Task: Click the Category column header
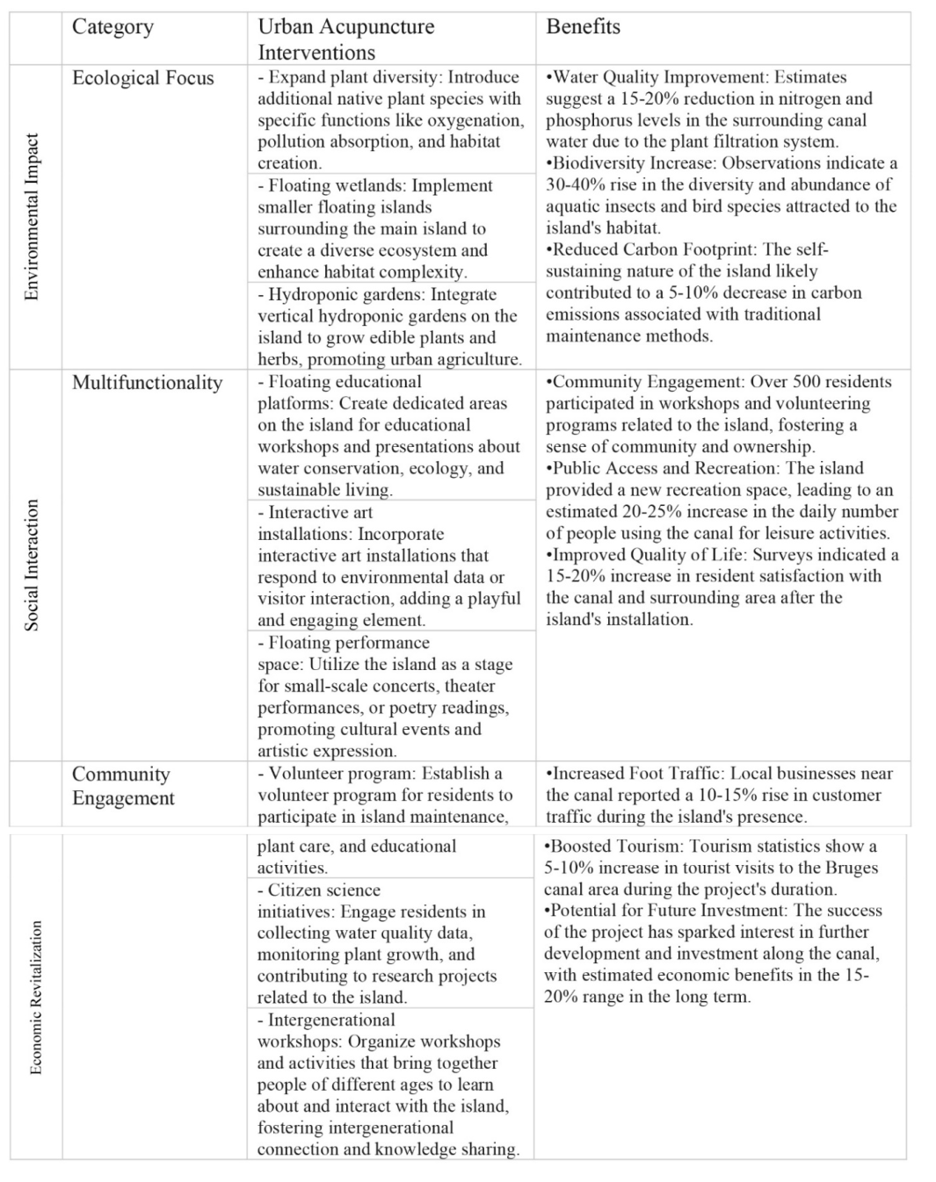112,27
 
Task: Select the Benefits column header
583,27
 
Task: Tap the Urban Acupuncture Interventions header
345,40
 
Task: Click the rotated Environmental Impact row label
33,217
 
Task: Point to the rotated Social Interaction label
33,565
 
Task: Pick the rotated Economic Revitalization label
36,997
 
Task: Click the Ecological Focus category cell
142,78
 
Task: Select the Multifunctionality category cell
147,383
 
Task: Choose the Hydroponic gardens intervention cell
388,327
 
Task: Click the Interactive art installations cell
388,566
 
